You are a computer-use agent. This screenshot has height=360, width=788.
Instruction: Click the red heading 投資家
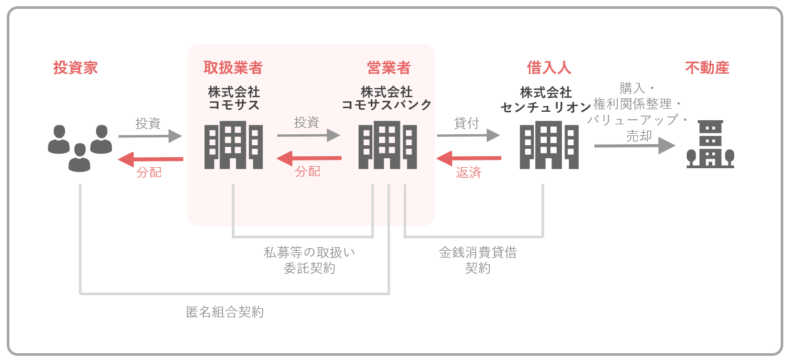[75, 68]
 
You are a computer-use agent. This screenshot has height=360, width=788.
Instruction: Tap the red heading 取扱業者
[233, 68]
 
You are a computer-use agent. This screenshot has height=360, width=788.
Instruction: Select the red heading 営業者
[389, 68]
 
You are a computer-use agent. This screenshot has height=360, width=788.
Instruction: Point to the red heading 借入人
[549, 68]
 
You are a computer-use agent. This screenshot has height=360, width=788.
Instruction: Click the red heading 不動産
[707, 68]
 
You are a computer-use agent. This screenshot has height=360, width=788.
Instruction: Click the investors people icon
[80, 147]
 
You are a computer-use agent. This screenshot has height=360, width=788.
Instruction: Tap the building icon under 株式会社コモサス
[233, 145]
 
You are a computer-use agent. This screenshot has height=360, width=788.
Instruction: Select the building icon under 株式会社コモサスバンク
[387, 145]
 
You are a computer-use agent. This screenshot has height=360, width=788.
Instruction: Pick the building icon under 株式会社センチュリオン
[549, 145]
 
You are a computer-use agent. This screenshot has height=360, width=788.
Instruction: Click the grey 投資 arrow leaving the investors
[150, 136]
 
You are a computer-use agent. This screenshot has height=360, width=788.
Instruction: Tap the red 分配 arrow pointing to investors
[150, 159]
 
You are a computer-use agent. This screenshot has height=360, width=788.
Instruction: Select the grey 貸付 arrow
[468, 135]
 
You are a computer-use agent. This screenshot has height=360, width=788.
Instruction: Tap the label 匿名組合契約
[225, 312]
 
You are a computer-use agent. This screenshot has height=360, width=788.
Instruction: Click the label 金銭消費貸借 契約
[478, 260]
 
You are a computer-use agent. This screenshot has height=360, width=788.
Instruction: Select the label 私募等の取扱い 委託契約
[310, 260]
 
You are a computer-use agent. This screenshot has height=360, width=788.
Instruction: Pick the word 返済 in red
[468, 173]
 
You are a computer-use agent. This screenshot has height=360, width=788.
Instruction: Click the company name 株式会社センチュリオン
[546, 100]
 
